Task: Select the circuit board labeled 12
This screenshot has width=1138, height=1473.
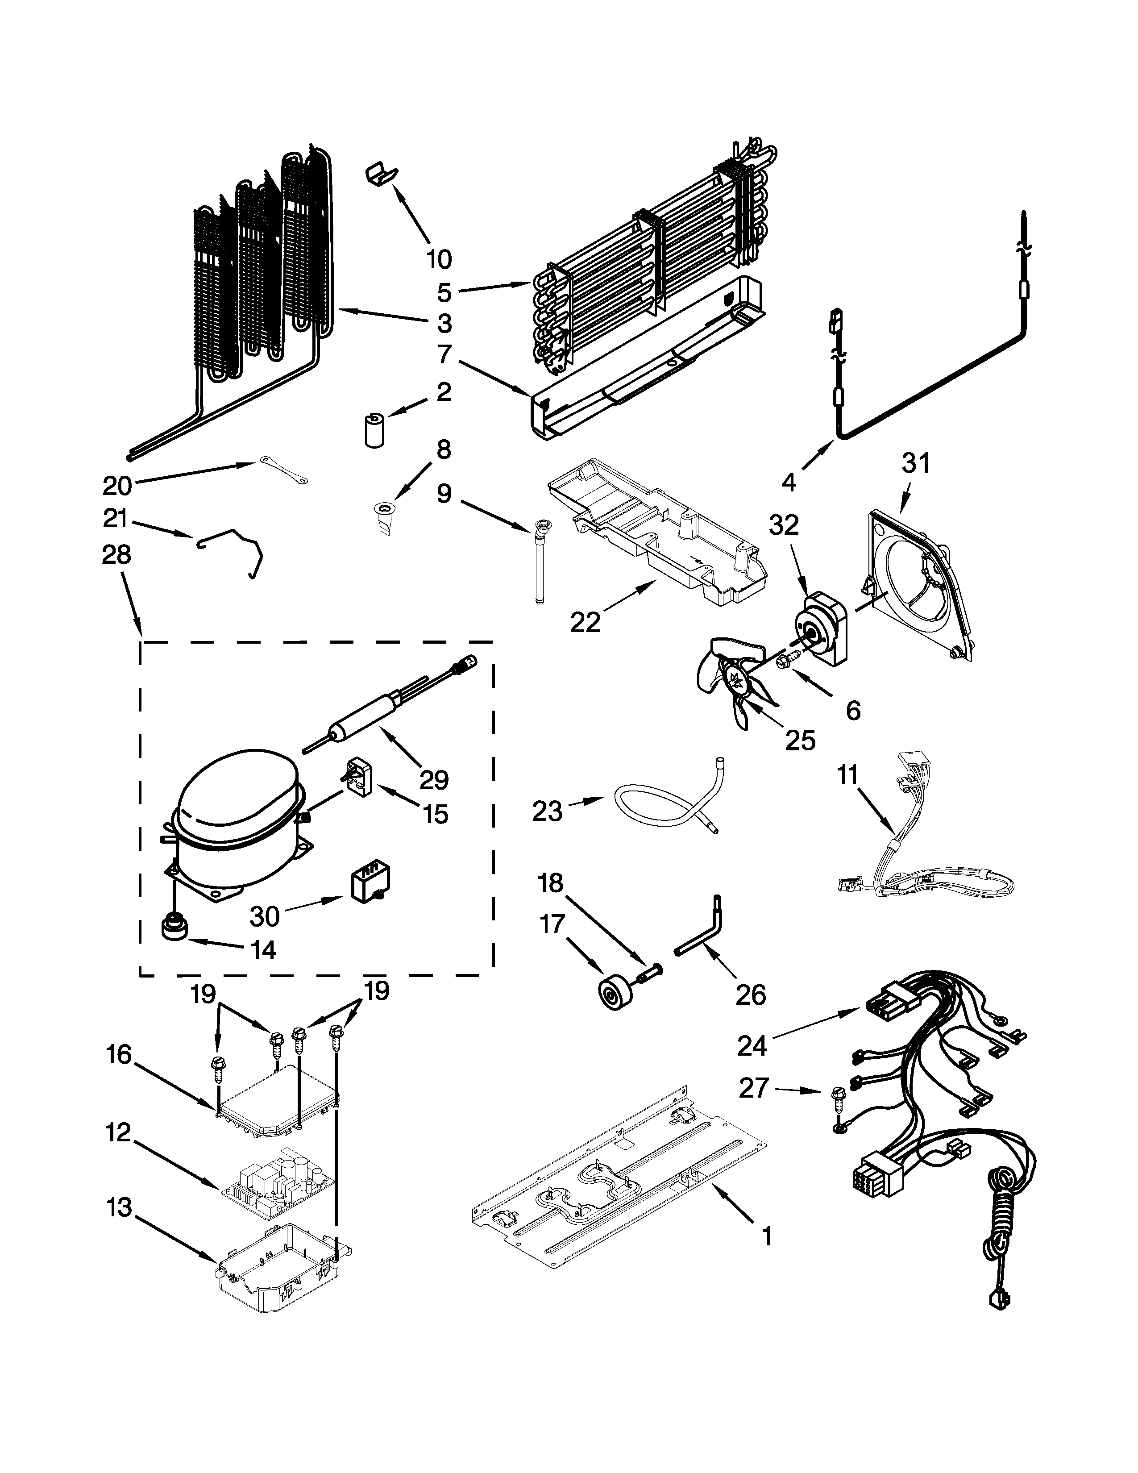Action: coord(278,1190)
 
